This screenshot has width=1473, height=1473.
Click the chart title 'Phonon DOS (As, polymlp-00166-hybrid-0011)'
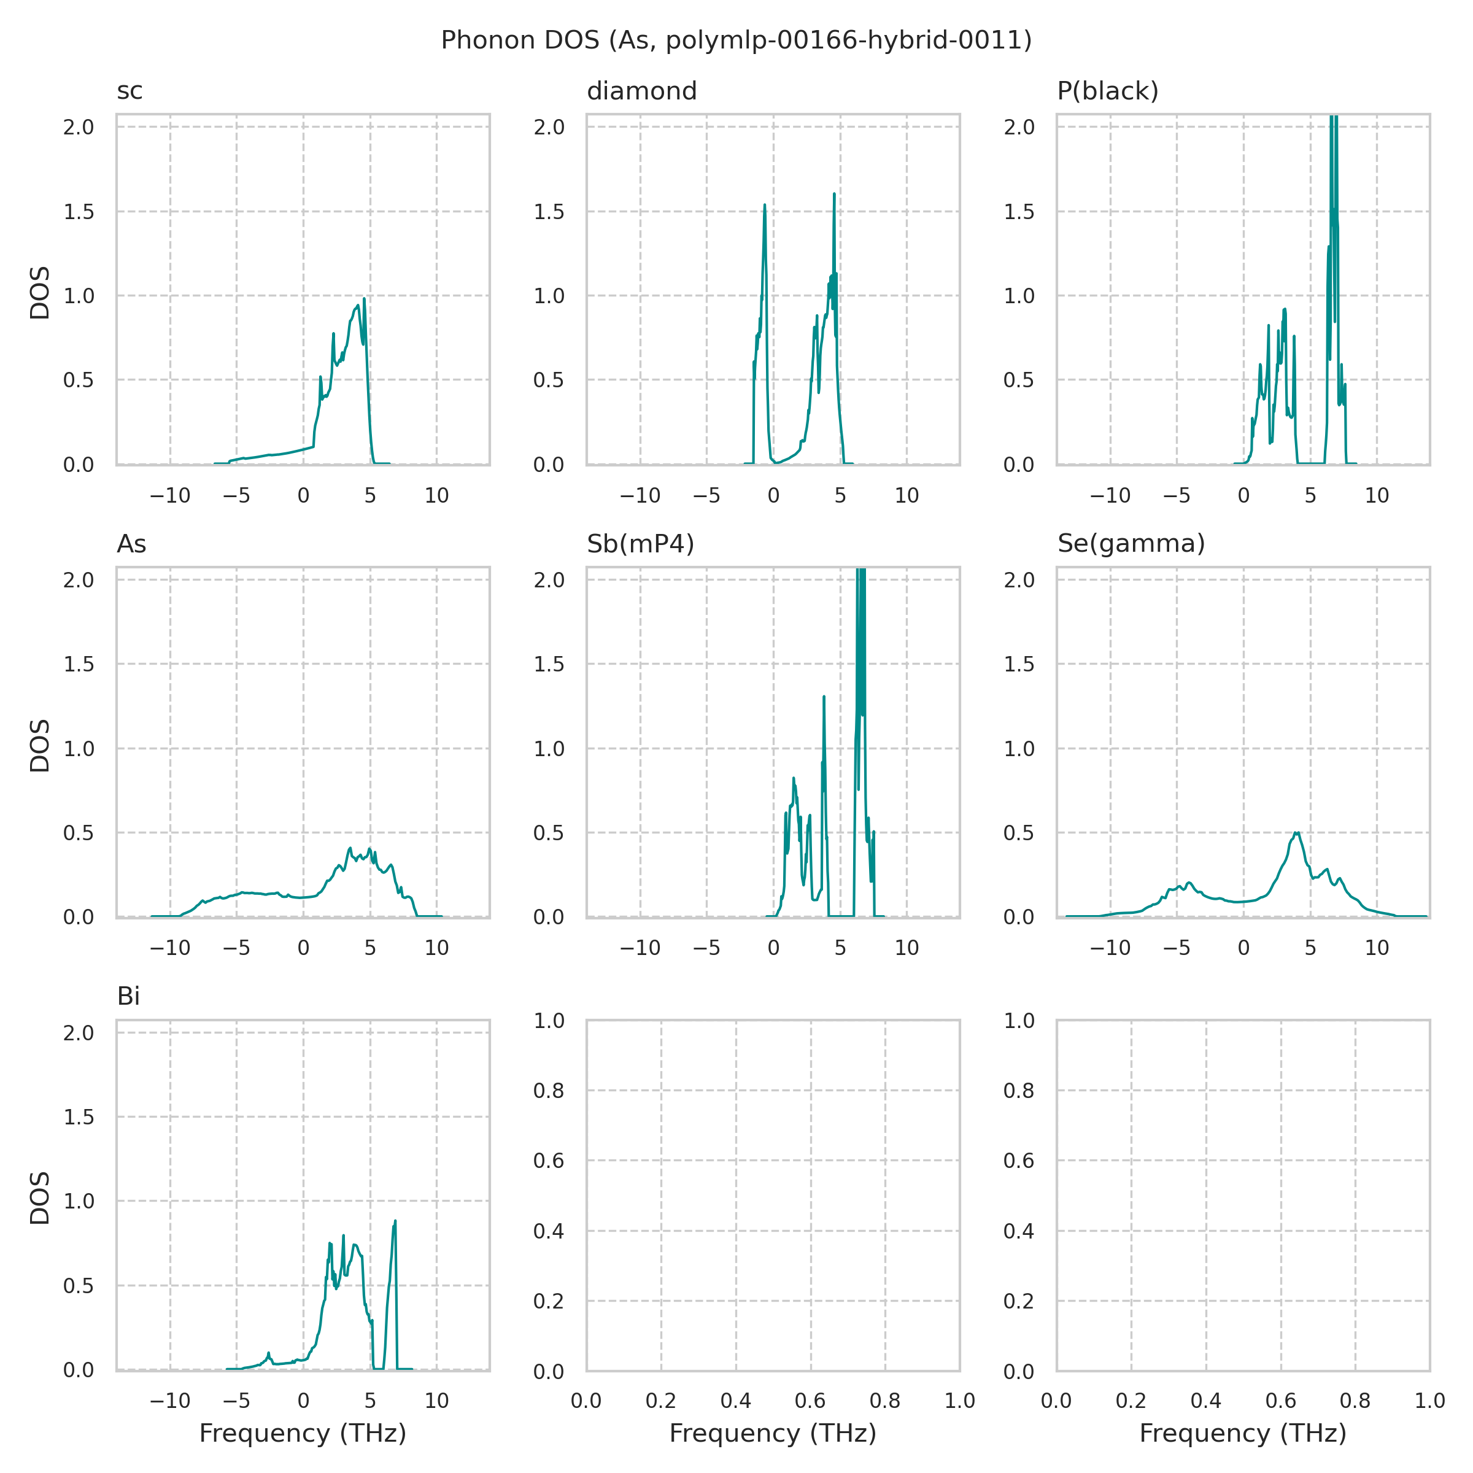click(736, 41)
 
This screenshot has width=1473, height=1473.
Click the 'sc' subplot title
click(130, 91)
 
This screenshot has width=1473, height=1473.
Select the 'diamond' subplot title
click(641, 91)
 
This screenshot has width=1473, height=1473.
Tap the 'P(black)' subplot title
click(1107, 91)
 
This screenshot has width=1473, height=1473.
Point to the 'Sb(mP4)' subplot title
click(640, 544)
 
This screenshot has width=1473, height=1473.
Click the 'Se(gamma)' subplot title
click(1131, 544)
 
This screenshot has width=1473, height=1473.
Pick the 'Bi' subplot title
click(128, 997)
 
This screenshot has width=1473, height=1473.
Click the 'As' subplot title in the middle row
click(131, 544)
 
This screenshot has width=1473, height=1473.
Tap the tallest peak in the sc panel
click(365, 299)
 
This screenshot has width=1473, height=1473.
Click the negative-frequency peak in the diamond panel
click(764, 205)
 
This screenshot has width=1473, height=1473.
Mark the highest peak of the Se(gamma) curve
click(1296, 833)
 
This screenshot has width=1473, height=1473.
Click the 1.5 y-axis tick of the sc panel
click(79, 212)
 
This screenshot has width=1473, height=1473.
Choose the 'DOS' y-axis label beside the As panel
click(40, 745)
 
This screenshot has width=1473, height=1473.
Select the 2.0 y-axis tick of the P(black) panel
click(1019, 127)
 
